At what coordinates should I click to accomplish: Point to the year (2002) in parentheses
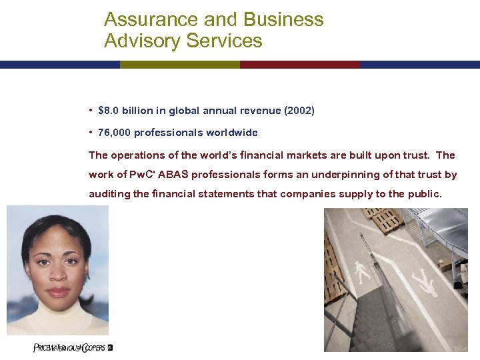coord(299,111)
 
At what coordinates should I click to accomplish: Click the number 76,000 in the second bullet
coord(115,133)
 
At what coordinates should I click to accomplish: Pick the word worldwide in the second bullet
coord(231,133)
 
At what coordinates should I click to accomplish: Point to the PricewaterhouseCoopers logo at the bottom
coord(73,347)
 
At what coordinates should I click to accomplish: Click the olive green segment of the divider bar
coord(179,65)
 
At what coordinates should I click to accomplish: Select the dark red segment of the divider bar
coord(299,65)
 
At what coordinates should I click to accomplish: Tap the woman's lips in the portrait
coord(58,291)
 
